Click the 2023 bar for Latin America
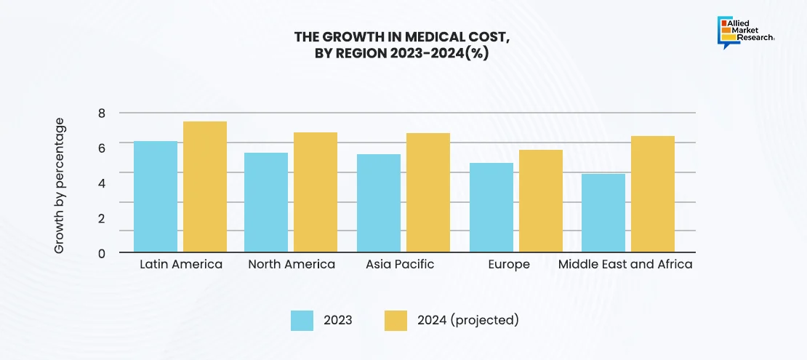coord(156,196)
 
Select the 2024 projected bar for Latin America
coord(205,187)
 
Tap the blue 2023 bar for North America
coord(266,202)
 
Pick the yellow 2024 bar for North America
coord(316,192)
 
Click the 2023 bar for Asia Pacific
coord(379,203)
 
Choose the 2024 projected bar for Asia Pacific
coord(428,193)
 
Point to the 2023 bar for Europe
coord(491,207)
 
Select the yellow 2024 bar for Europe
coord(541,201)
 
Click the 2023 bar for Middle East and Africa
coord(603,212)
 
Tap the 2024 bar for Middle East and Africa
coord(653,194)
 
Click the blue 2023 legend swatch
coord(302,320)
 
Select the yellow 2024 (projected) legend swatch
coord(396,320)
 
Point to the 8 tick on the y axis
coord(102,113)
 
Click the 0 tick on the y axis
coord(102,253)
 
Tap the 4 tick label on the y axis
coord(102,183)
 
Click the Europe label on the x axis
coord(509,264)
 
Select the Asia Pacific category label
coord(400,264)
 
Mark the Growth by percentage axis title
coord(60,185)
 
